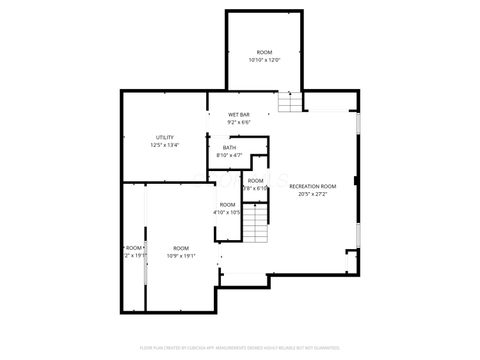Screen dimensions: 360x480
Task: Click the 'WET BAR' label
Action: (x=238, y=115)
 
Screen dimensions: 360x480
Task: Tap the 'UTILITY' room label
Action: (x=164, y=137)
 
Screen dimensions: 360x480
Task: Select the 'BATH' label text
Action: (x=230, y=148)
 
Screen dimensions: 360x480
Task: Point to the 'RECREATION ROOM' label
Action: (x=312, y=187)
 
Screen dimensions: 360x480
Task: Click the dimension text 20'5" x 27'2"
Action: (x=312, y=194)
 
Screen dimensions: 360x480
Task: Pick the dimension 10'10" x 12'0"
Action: (x=264, y=60)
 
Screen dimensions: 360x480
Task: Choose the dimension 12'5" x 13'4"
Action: (x=164, y=144)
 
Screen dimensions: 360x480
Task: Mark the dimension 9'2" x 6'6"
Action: (x=238, y=122)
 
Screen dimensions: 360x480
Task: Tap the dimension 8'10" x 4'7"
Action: (x=230, y=155)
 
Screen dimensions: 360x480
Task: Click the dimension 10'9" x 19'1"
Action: (x=180, y=255)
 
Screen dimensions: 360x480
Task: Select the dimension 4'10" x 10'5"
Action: (x=228, y=212)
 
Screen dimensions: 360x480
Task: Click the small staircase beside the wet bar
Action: (x=289, y=102)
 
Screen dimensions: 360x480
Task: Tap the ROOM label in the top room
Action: (x=264, y=52)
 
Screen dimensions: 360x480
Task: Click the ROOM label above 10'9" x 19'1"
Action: (x=180, y=248)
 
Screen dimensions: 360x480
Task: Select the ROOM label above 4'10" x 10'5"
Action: (x=228, y=205)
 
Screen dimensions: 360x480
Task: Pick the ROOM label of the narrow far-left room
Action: (x=134, y=248)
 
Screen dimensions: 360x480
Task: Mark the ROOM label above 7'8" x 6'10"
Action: (x=256, y=181)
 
